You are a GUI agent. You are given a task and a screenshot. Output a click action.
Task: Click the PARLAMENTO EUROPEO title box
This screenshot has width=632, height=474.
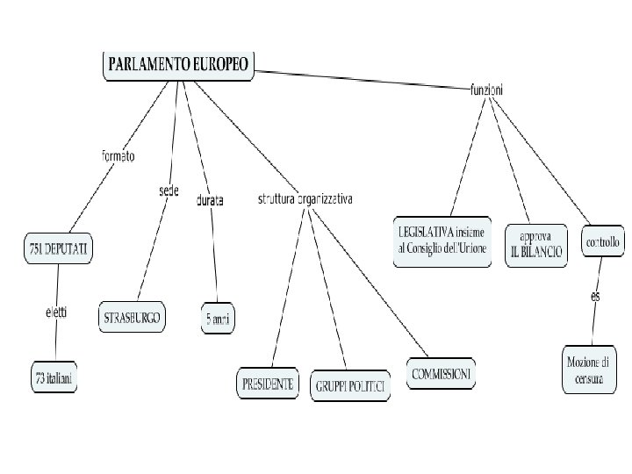[x=178, y=65]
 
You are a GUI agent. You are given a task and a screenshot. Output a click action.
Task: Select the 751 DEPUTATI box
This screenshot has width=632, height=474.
[x=58, y=249]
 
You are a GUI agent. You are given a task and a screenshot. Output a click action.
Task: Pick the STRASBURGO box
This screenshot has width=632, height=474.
[x=133, y=318]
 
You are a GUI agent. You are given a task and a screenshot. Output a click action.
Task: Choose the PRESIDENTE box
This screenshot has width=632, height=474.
[x=268, y=384]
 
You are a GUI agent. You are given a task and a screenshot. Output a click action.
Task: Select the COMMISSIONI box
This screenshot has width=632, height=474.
[x=442, y=373]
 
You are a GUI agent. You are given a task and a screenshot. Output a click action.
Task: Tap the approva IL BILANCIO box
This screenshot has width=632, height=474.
[x=535, y=244]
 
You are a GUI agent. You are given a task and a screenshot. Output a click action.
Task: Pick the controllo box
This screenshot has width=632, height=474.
[x=603, y=242]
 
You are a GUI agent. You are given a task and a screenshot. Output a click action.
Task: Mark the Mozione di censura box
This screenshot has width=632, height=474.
[x=590, y=369]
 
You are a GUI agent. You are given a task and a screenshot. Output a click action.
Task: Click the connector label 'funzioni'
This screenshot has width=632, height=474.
[x=486, y=89]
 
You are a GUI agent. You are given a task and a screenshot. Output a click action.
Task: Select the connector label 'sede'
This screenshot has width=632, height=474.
[x=169, y=190]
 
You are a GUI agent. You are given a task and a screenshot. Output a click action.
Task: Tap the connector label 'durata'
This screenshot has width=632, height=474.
[x=209, y=200]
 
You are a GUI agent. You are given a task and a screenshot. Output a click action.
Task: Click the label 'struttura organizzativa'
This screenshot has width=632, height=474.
[x=305, y=199]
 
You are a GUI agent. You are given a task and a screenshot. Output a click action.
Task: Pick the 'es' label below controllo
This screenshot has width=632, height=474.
[x=595, y=296]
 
